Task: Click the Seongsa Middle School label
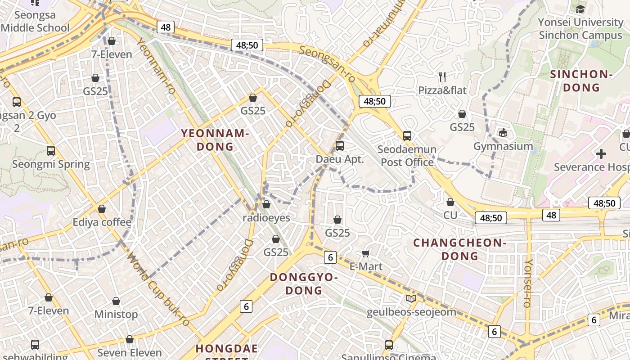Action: pyautogui.click(x=35, y=21)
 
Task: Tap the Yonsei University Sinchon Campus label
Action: pyautogui.click(x=580, y=28)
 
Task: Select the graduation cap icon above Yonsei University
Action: pyautogui.click(x=580, y=9)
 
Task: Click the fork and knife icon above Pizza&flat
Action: pyautogui.click(x=442, y=77)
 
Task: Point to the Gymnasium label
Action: pyautogui.click(x=503, y=146)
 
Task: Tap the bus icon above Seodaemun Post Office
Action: pyautogui.click(x=407, y=135)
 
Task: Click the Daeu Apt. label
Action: pyautogui.click(x=340, y=159)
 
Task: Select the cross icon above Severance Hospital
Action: pyautogui.click(x=601, y=154)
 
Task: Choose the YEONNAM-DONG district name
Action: pyautogui.click(x=215, y=140)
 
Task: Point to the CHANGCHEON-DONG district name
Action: pyautogui.click(x=460, y=249)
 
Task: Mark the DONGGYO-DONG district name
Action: pyautogui.click(x=304, y=283)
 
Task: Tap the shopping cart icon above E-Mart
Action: pyautogui.click(x=366, y=253)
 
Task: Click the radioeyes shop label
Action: pyautogui.click(x=266, y=218)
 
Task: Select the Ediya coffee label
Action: pyautogui.click(x=102, y=222)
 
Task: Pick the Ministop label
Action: pyautogui.click(x=116, y=314)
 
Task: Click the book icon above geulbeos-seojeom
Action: pyautogui.click(x=411, y=298)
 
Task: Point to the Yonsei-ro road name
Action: pyautogui.click(x=528, y=283)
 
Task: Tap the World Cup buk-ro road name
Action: pyautogui.click(x=159, y=290)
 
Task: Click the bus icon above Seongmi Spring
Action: pyautogui.click(x=51, y=151)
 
